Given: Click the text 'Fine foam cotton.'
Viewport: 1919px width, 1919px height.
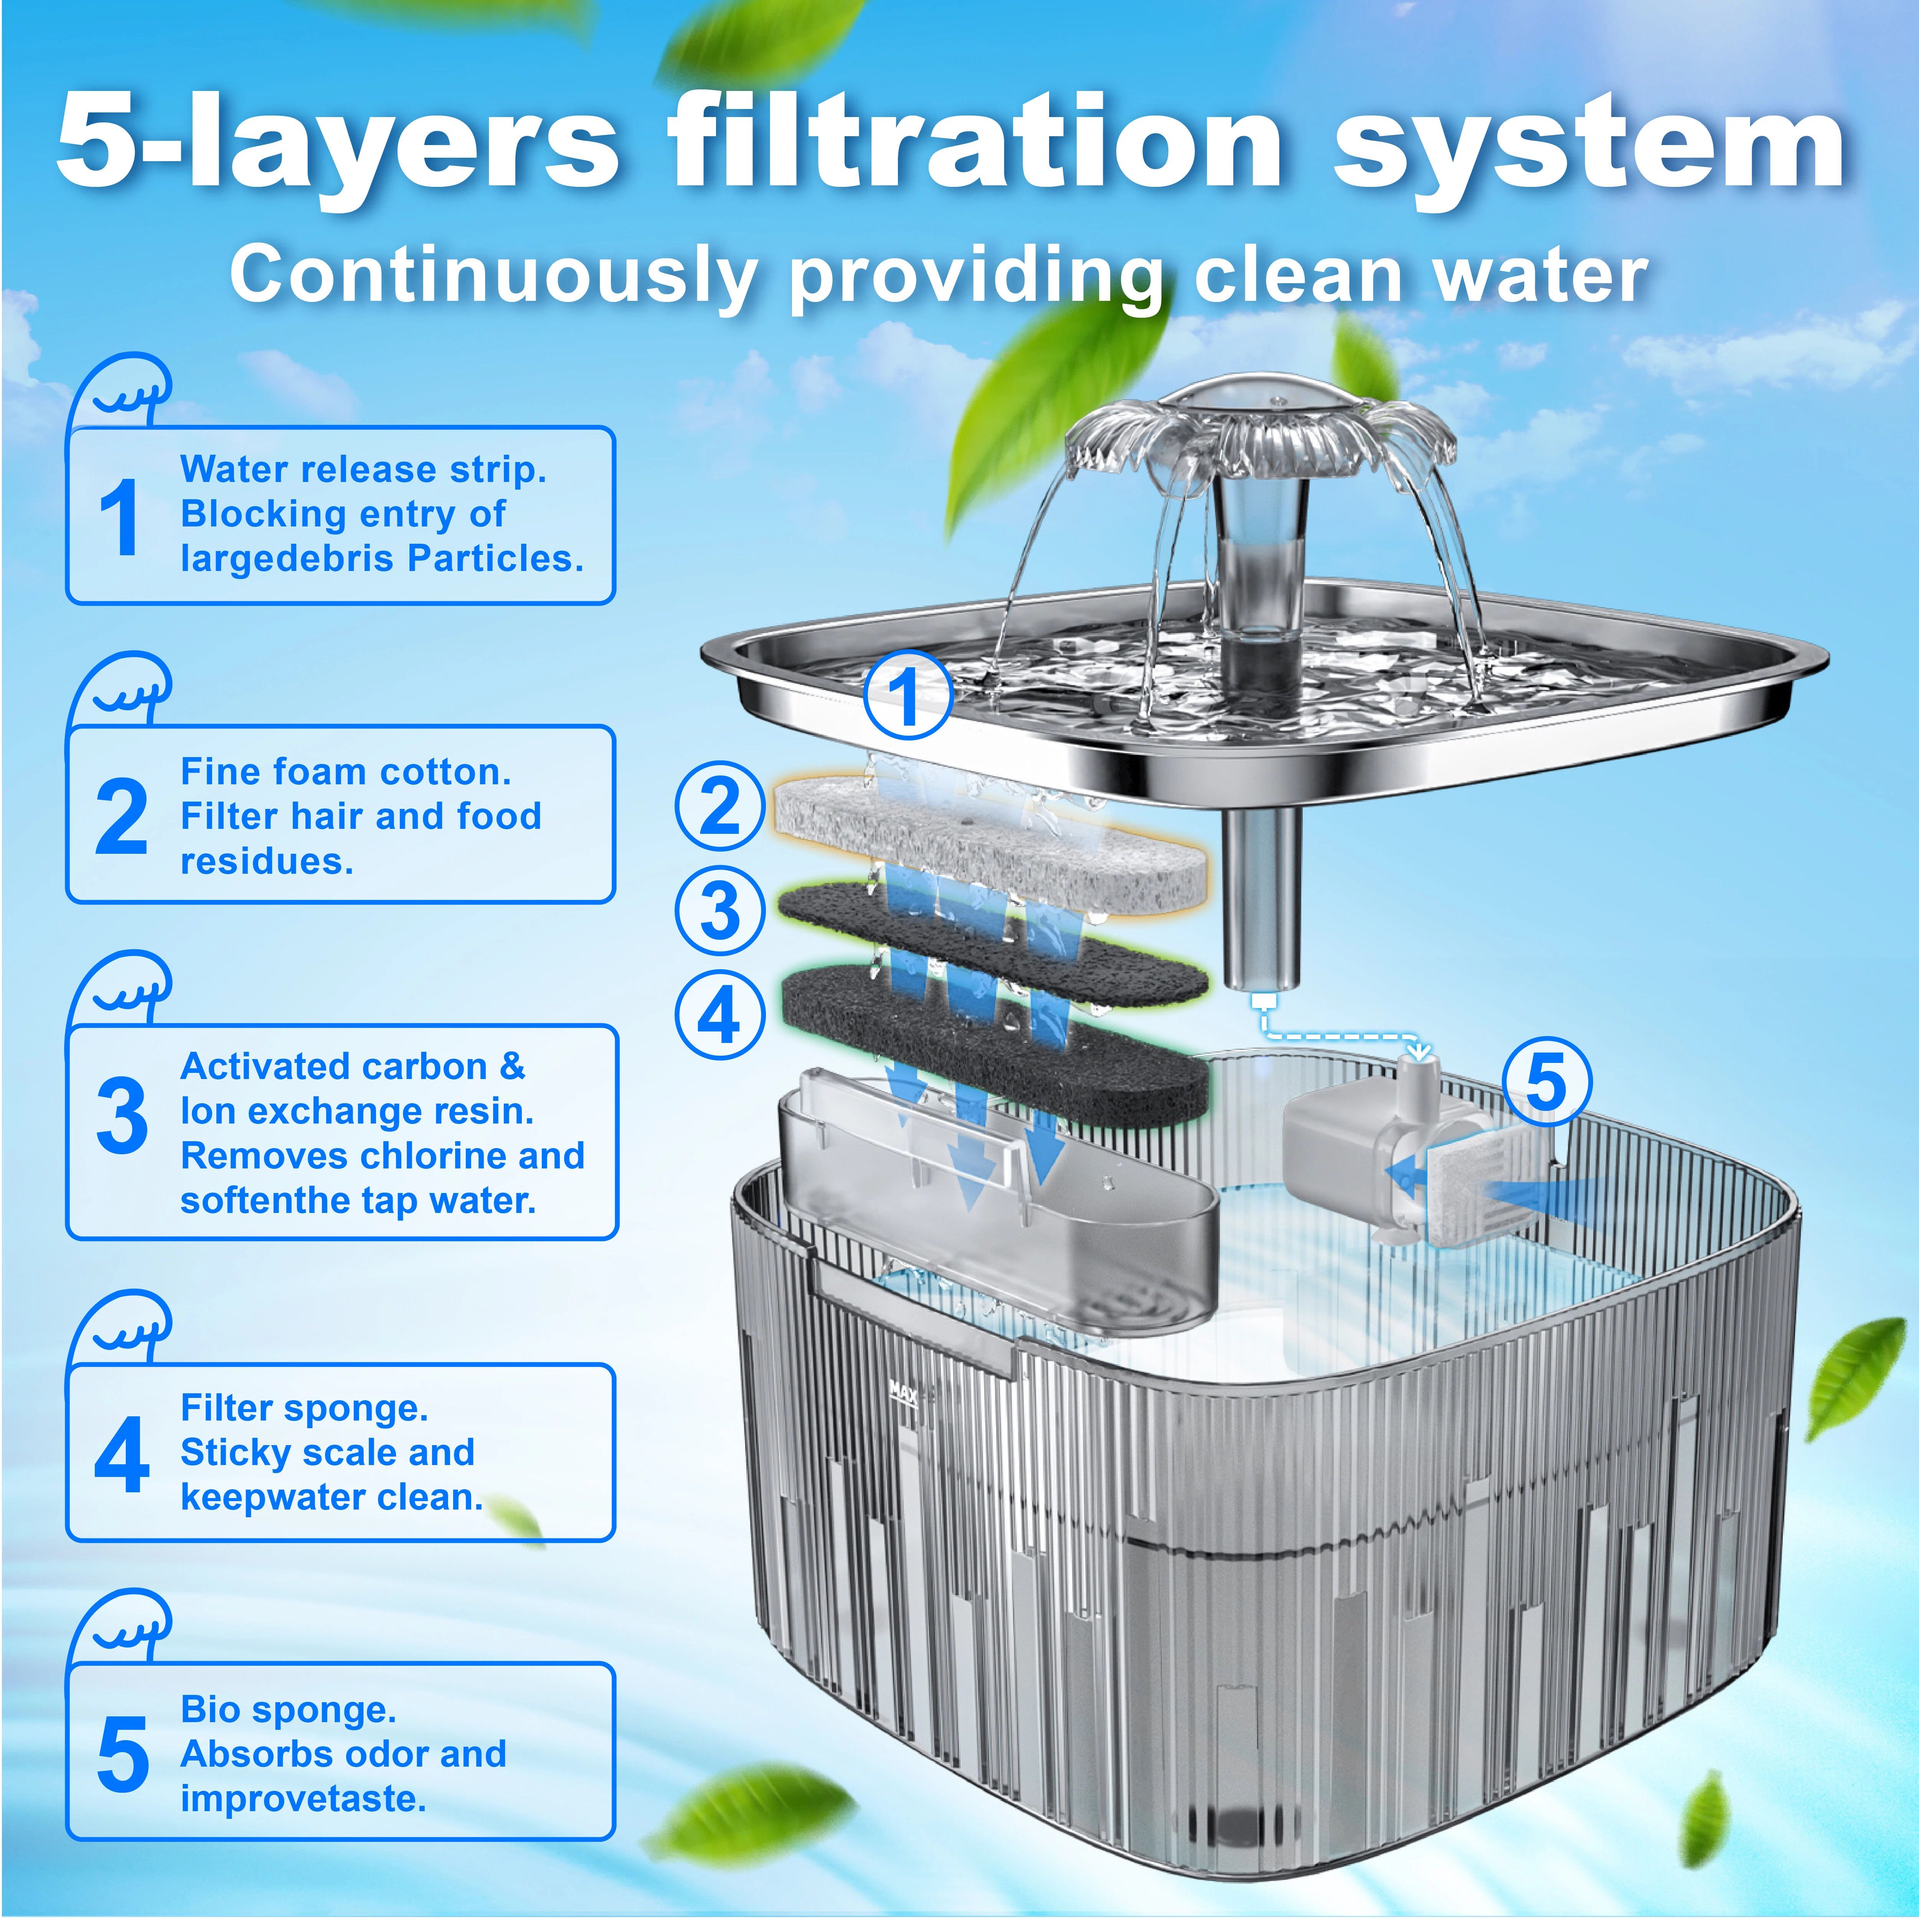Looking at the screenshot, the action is tap(346, 772).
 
